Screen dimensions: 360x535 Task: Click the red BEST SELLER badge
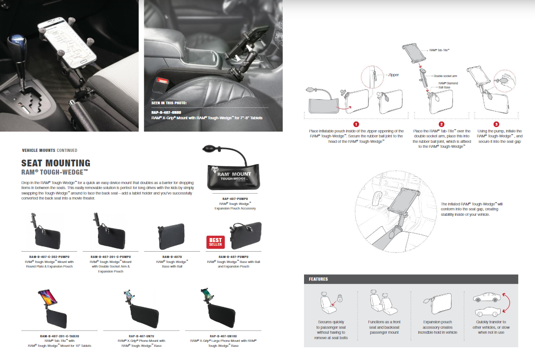coord(215,242)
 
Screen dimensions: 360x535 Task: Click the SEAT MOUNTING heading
coord(56,163)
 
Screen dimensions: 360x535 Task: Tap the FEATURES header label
coord(318,279)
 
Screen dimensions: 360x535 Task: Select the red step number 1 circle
coord(356,124)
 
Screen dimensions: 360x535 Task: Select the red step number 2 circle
coord(441,124)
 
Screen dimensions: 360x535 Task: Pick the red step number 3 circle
coord(496,124)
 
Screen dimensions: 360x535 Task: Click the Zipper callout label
coord(393,75)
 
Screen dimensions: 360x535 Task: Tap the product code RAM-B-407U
coord(172,256)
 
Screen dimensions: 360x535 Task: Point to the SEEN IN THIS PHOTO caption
coord(169,103)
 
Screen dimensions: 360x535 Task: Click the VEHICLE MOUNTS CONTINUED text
coord(49,150)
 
